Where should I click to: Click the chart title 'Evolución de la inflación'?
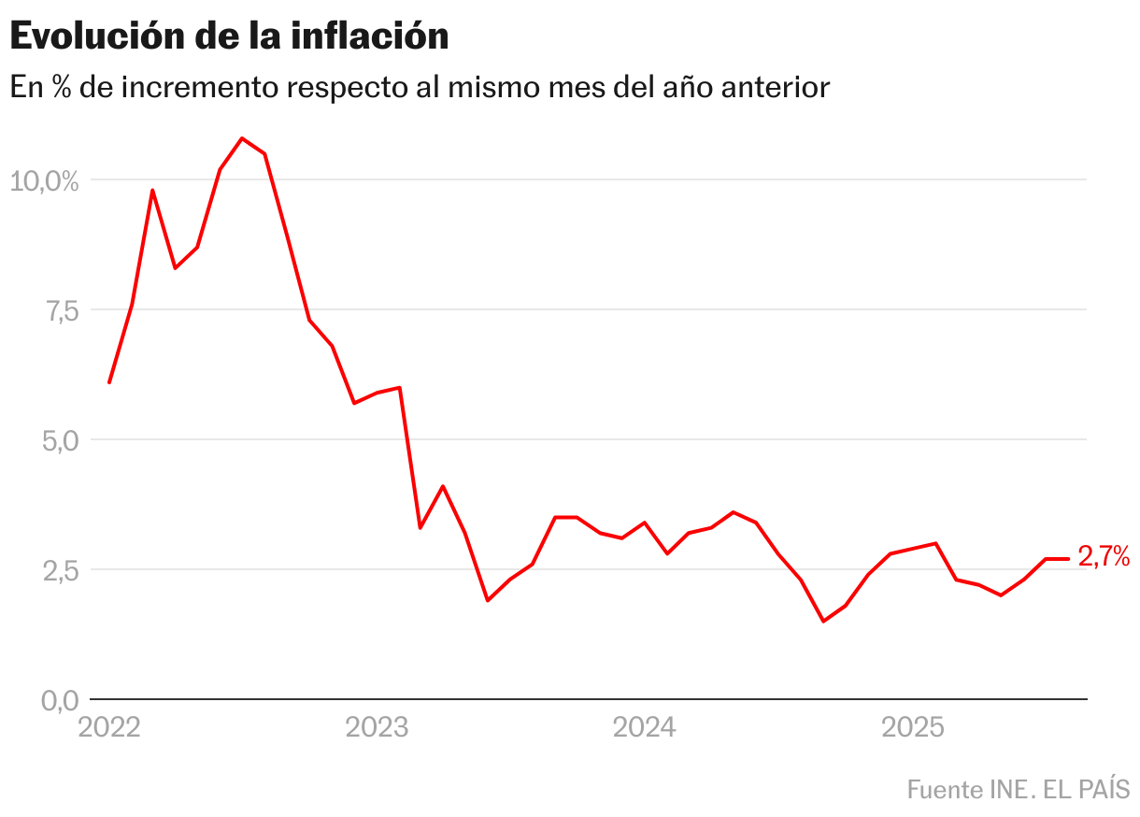point(229,36)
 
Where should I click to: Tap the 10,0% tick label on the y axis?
point(44,180)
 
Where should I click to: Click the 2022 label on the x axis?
point(109,728)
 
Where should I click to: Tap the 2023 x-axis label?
point(377,728)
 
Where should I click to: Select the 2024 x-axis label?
point(644,728)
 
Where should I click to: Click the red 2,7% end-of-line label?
point(1104,558)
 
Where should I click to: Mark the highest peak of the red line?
point(242,138)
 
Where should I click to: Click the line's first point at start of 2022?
point(109,382)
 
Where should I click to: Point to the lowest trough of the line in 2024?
point(823,621)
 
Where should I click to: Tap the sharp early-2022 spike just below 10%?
point(152,190)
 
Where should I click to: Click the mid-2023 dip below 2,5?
point(488,600)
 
